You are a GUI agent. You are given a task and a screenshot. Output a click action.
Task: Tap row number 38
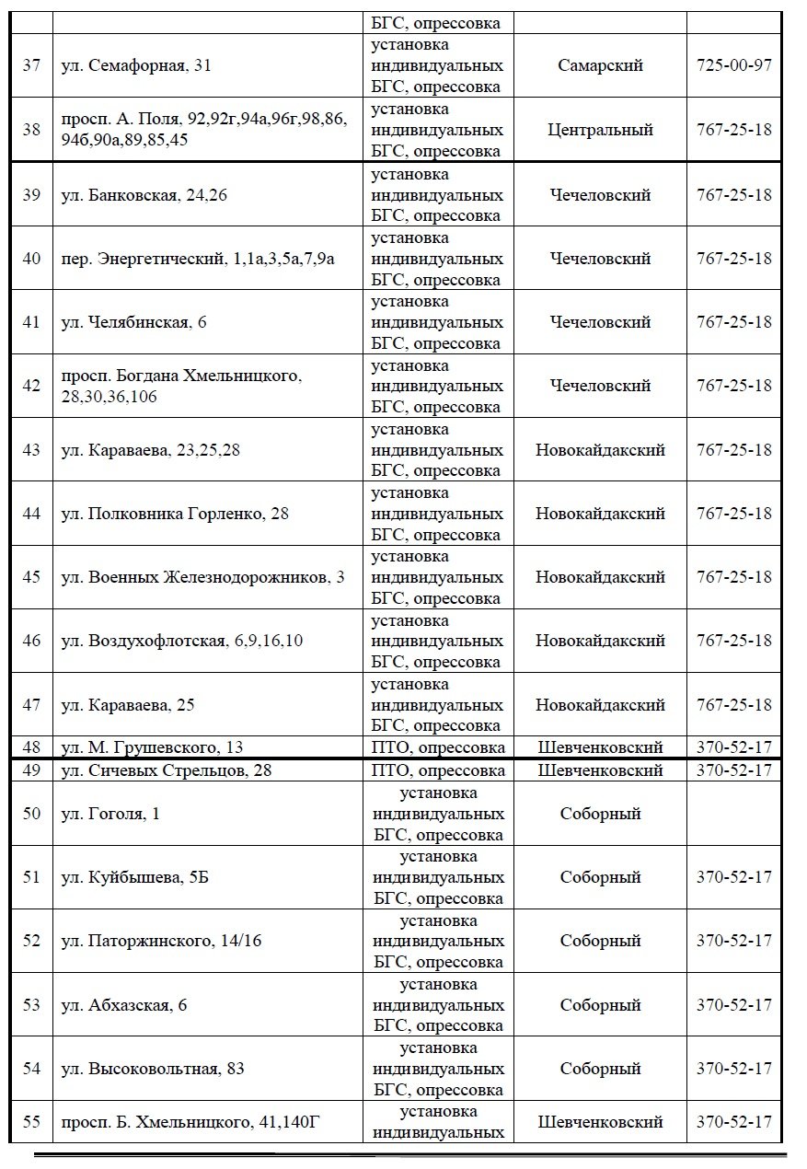pos(31,130)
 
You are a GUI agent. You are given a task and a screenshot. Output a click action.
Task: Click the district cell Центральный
pos(600,130)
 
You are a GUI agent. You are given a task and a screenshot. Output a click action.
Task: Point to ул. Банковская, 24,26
pos(144,195)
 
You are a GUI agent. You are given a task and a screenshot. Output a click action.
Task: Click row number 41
pos(31,322)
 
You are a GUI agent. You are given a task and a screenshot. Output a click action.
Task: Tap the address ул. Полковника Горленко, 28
pos(175,514)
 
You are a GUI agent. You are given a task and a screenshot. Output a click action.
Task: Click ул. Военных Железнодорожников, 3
pos(202,577)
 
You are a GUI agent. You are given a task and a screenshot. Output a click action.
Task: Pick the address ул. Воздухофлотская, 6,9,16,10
pos(181,641)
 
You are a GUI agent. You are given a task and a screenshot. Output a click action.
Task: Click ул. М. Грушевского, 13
pos(152,747)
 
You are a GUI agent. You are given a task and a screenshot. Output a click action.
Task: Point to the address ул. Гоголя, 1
pos(110,814)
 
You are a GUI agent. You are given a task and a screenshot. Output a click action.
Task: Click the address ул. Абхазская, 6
pos(124,1004)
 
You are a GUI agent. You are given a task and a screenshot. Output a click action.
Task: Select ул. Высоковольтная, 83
pos(153,1069)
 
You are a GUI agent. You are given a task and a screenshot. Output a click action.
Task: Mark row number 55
pos(31,1122)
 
